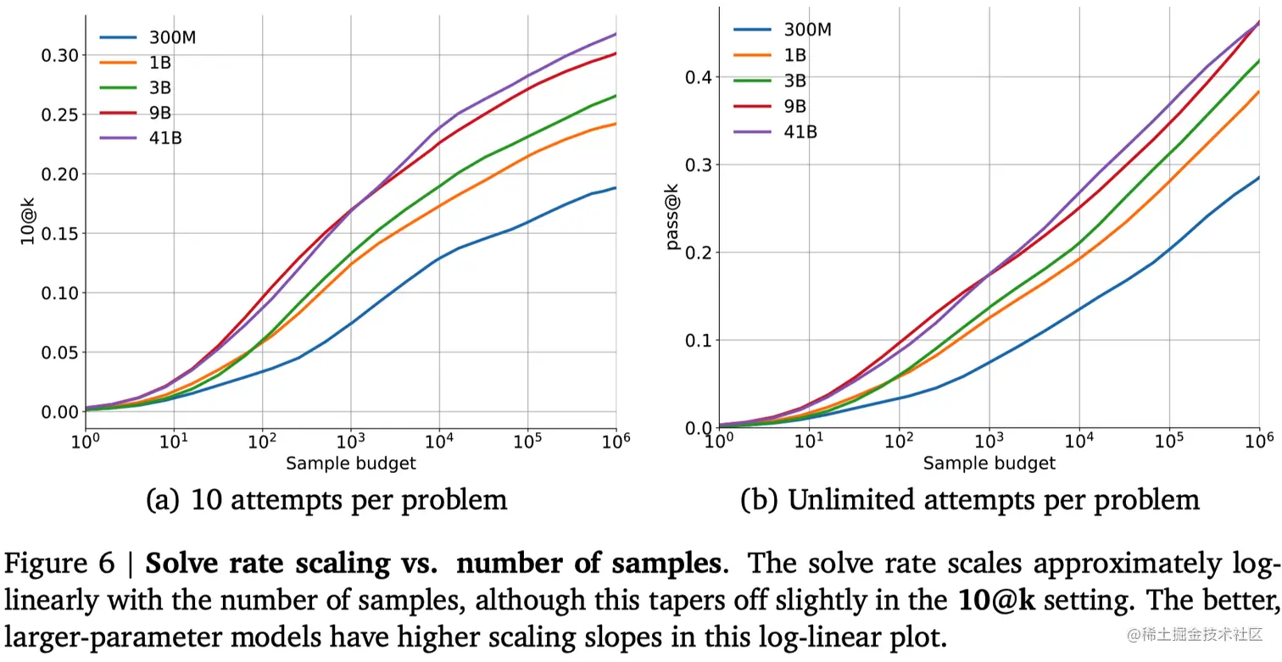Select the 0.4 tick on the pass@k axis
(697, 77)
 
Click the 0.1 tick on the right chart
(697, 341)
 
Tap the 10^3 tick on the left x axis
(350, 441)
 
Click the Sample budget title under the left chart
(350, 463)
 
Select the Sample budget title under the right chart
(989, 463)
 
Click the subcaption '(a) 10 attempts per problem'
(326, 499)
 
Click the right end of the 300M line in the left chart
(615, 188)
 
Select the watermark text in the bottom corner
(1195, 634)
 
